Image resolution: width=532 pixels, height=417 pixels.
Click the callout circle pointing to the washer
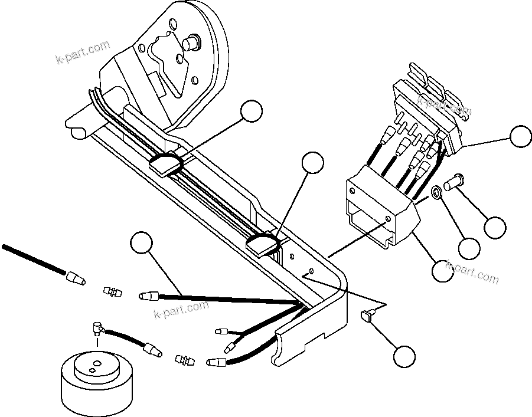(x=469, y=248)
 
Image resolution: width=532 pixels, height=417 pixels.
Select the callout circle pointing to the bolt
(x=495, y=226)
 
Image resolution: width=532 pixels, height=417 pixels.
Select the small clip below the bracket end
(x=368, y=317)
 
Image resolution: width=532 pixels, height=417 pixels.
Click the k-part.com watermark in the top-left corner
(x=82, y=52)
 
